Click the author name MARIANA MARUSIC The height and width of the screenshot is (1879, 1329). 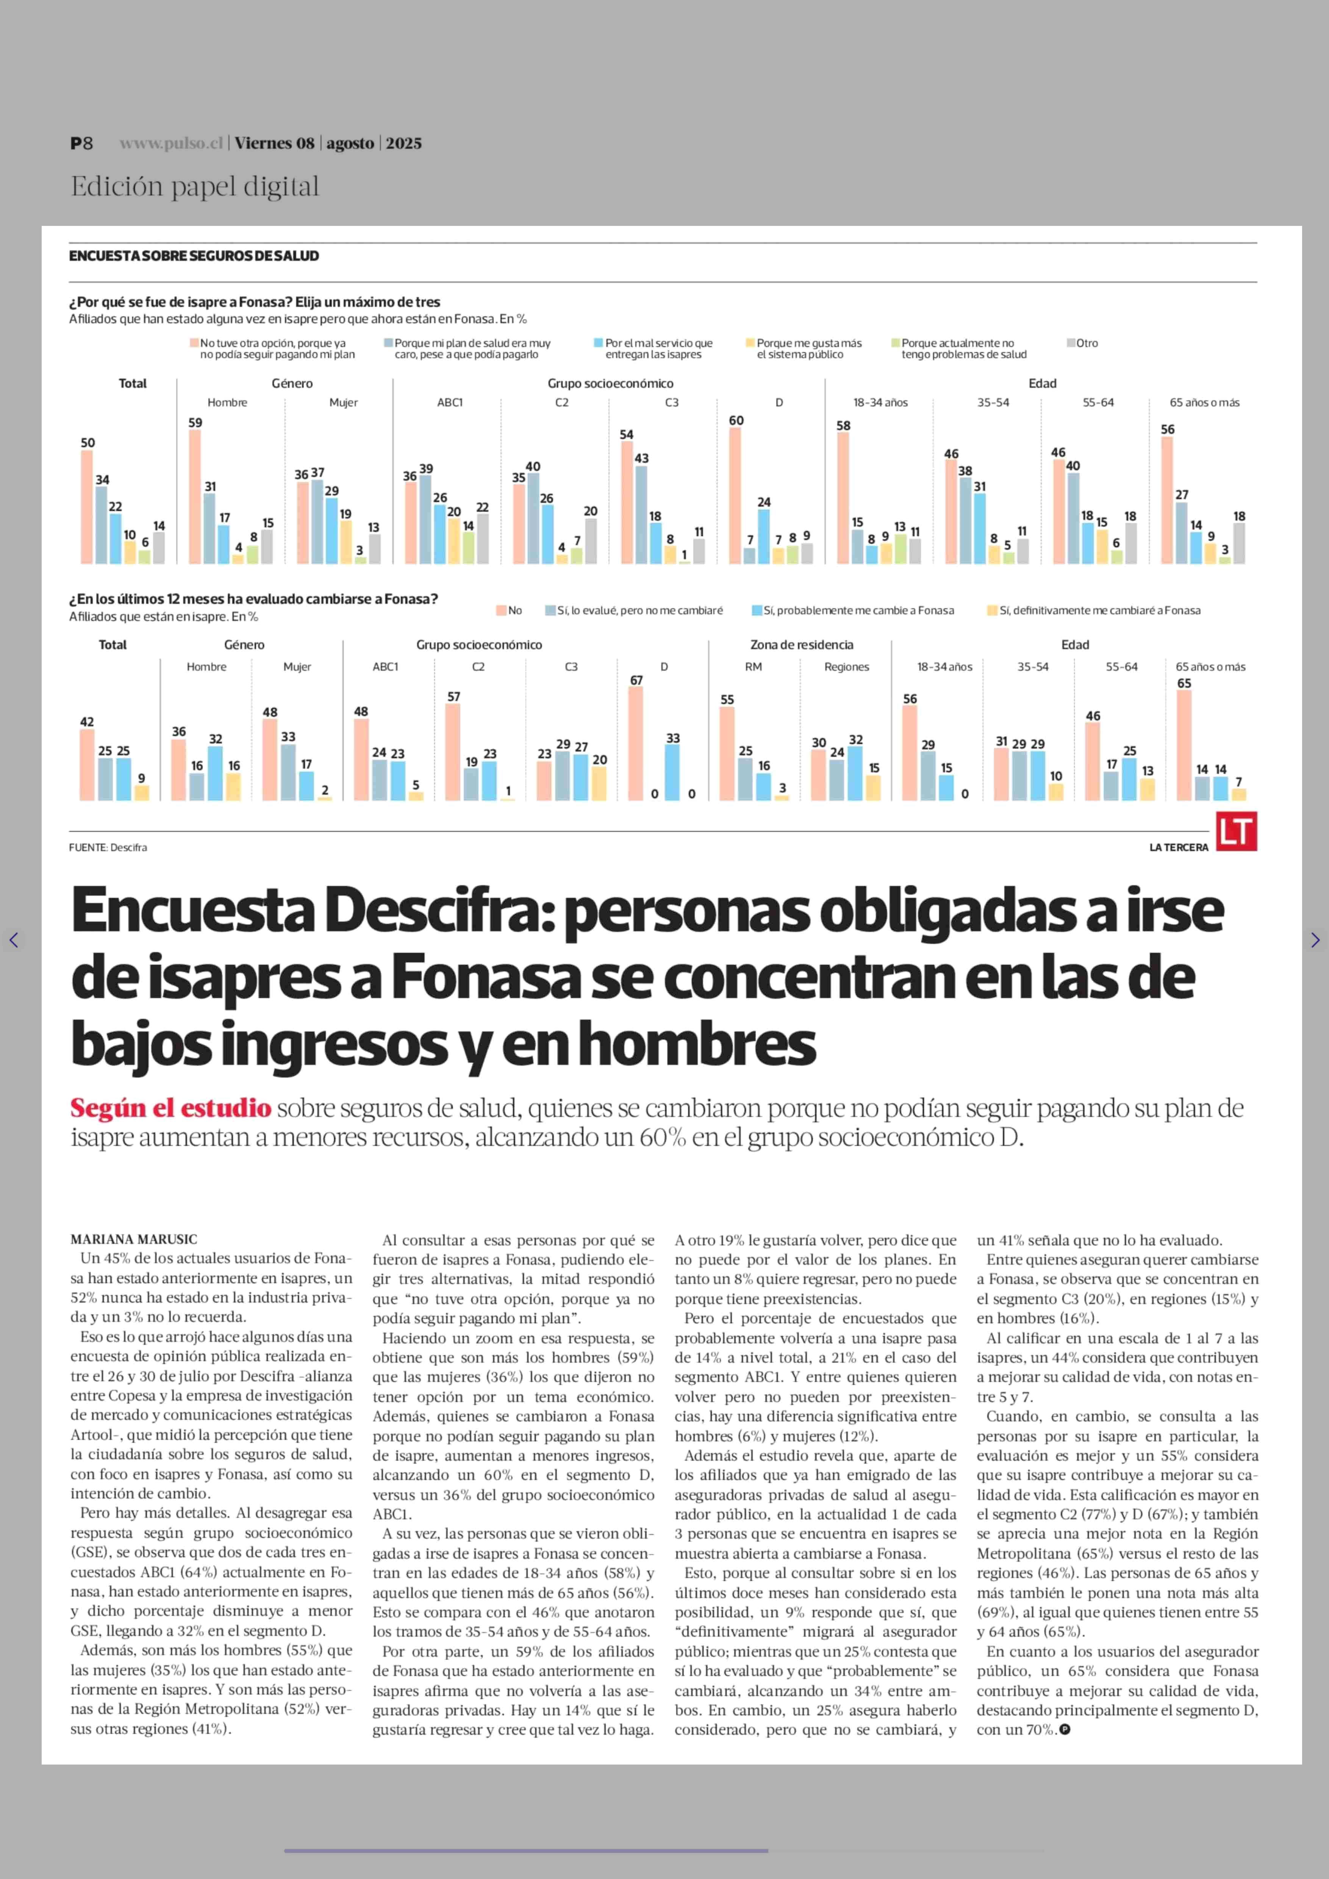[x=133, y=1240]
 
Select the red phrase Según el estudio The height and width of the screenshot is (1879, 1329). [x=170, y=1109]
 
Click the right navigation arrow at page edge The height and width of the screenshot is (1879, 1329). [x=1315, y=940]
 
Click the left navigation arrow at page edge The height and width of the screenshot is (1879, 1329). [x=13, y=940]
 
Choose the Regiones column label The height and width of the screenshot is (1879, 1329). [x=846, y=667]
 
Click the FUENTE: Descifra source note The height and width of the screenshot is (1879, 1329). [x=108, y=847]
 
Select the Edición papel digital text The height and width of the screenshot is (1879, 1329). [x=195, y=187]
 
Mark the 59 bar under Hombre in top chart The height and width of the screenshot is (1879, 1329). [x=195, y=496]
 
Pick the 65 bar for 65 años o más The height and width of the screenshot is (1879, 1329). [x=1184, y=745]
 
